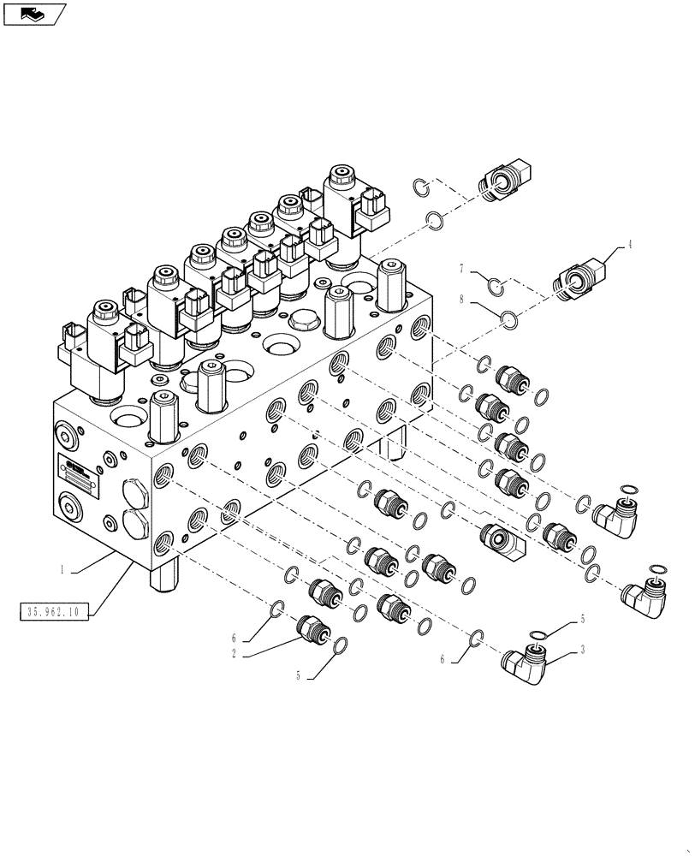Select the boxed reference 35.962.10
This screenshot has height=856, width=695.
(x=52, y=611)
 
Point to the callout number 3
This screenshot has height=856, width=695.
(x=583, y=651)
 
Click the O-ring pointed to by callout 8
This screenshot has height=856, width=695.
(x=509, y=319)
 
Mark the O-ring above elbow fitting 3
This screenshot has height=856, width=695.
(x=537, y=634)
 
